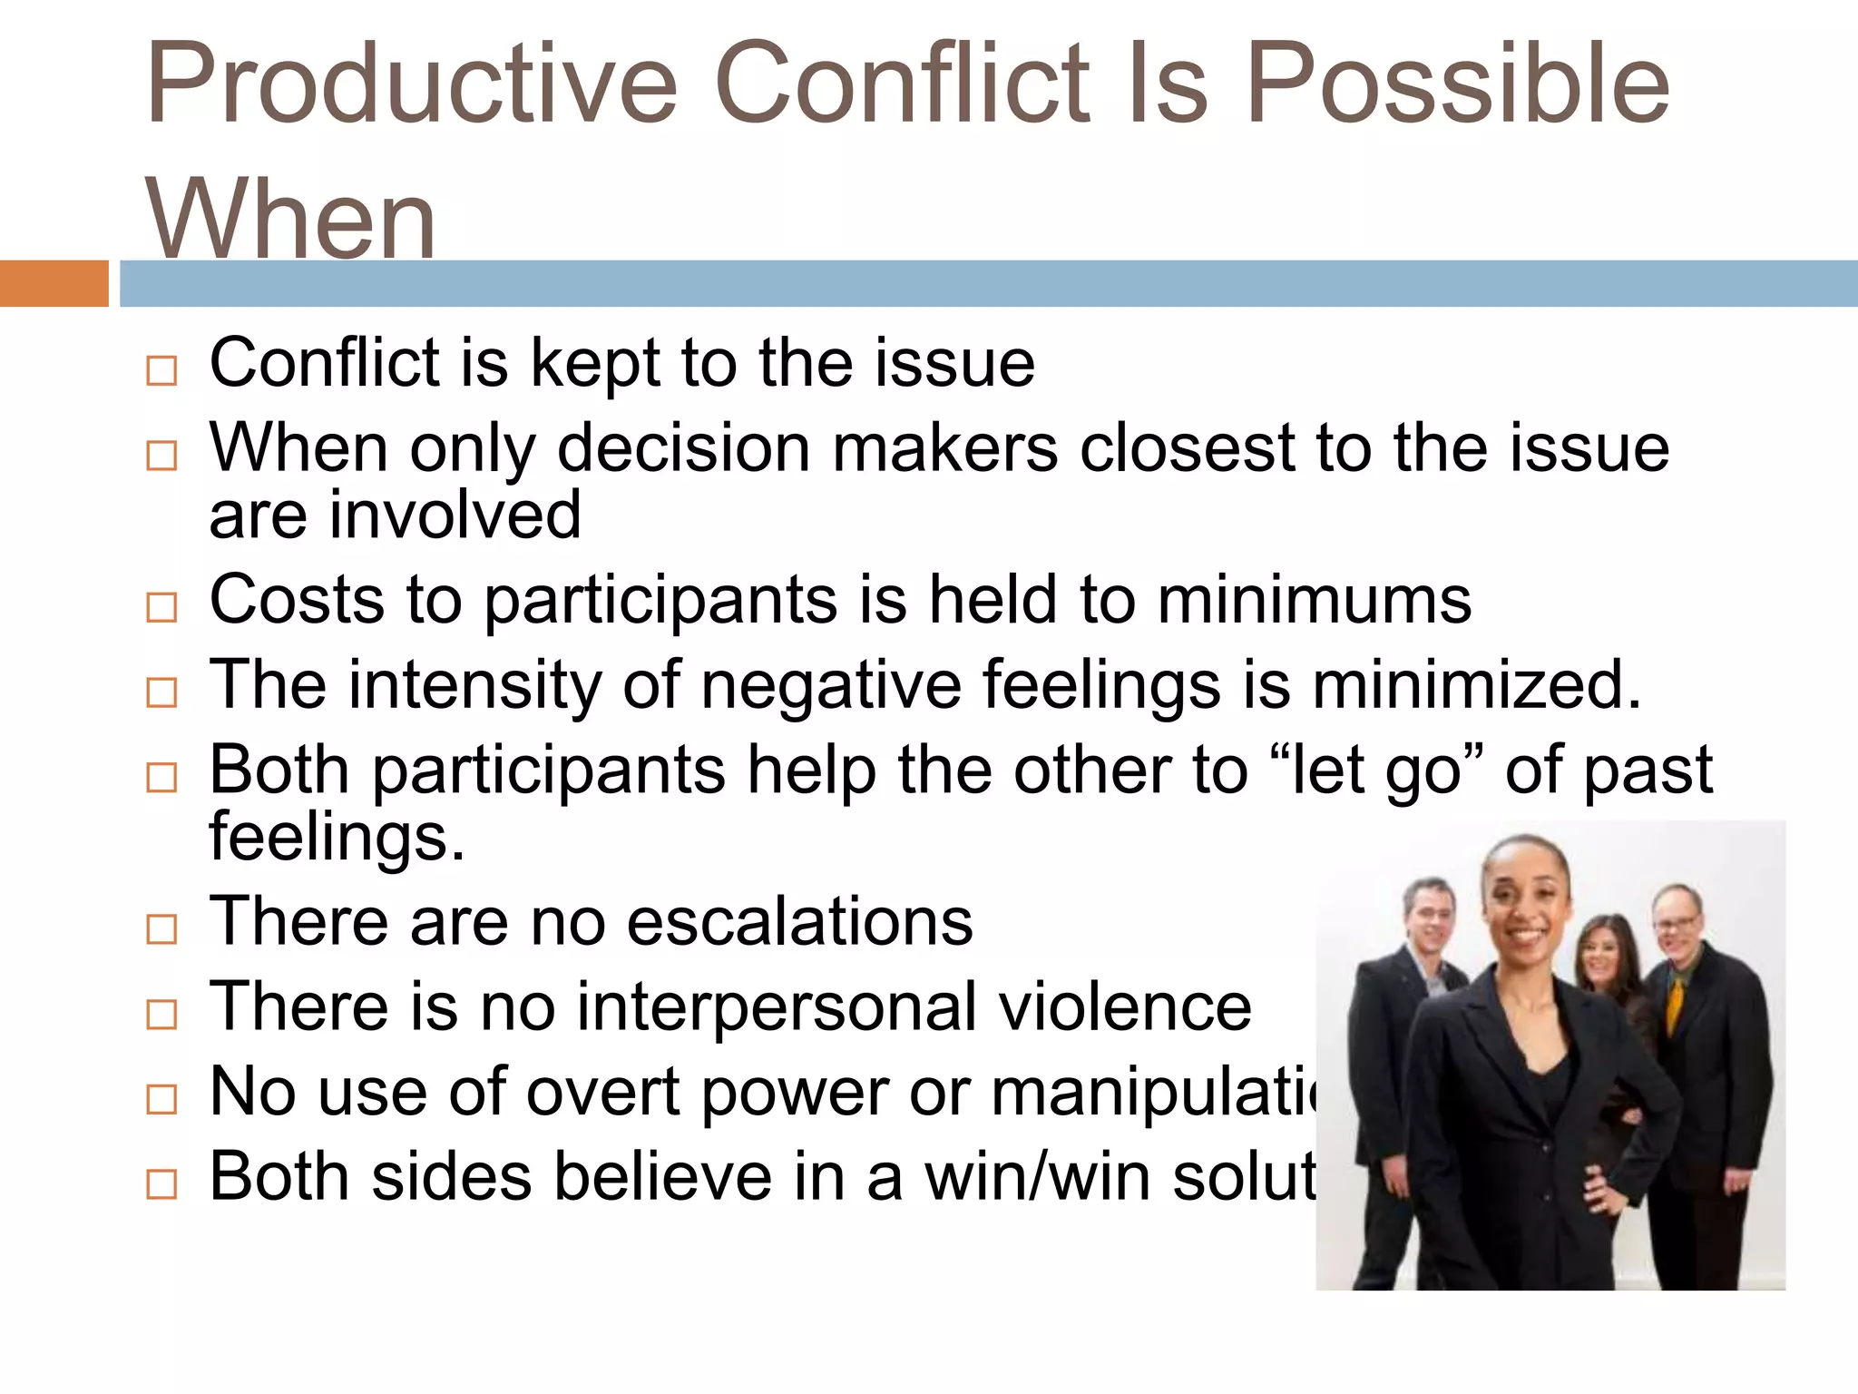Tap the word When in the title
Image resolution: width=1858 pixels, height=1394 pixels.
pos(290,221)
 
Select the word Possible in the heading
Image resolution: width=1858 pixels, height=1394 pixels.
pos(1458,83)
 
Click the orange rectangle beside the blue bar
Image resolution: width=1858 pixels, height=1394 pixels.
pos(54,283)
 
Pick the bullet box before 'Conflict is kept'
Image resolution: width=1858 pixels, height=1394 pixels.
pos(161,370)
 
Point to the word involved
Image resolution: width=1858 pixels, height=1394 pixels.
pos(455,515)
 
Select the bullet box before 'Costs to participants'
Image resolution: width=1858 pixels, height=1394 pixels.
pos(161,607)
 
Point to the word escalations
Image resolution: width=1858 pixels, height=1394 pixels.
pos(799,922)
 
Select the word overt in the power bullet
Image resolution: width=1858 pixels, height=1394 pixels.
pos(604,1092)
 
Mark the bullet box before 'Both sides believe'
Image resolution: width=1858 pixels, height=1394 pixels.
pos(161,1184)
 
